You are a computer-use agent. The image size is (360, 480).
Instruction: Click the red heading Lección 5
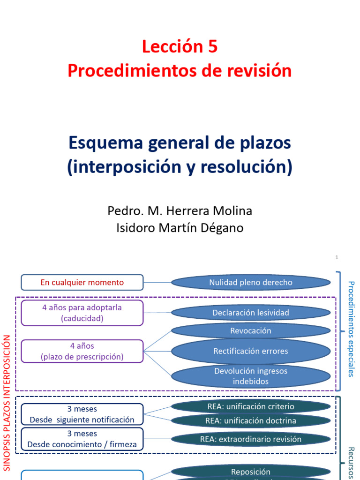180,47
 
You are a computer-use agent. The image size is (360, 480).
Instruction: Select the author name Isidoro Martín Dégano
180,228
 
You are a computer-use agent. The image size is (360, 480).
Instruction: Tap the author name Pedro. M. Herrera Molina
180,211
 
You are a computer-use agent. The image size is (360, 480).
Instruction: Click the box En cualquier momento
82,283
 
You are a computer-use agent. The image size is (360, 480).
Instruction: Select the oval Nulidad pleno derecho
251,283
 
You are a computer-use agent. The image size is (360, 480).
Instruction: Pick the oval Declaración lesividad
251,313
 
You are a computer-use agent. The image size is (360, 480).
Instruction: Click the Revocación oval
251,330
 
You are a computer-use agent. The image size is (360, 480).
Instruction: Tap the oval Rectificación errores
251,351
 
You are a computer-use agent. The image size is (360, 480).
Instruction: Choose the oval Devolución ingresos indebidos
251,376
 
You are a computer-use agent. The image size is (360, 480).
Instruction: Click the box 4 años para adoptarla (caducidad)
82,313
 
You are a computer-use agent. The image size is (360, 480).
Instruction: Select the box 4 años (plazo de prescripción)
82,351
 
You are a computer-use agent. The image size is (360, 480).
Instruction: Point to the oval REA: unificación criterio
251,406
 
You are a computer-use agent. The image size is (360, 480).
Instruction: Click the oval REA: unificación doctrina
251,420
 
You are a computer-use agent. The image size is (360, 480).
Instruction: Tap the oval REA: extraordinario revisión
251,439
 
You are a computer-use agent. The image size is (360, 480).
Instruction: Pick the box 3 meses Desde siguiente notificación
82,414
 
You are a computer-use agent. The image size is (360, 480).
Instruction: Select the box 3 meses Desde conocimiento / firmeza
82,439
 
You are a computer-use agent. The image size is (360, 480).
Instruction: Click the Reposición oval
251,472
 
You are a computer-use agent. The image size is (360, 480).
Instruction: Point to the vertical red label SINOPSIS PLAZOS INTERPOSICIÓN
7,402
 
